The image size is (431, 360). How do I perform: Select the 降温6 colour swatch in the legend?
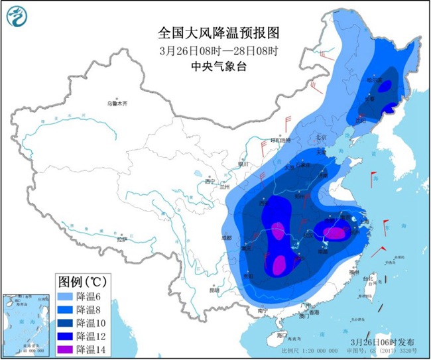point(65,298)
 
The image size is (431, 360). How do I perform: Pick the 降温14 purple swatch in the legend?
point(65,349)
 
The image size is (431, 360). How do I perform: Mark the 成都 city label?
point(227,237)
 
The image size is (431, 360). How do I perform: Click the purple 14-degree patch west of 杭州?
point(336,233)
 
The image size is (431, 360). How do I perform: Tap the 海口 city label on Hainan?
point(281,335)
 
